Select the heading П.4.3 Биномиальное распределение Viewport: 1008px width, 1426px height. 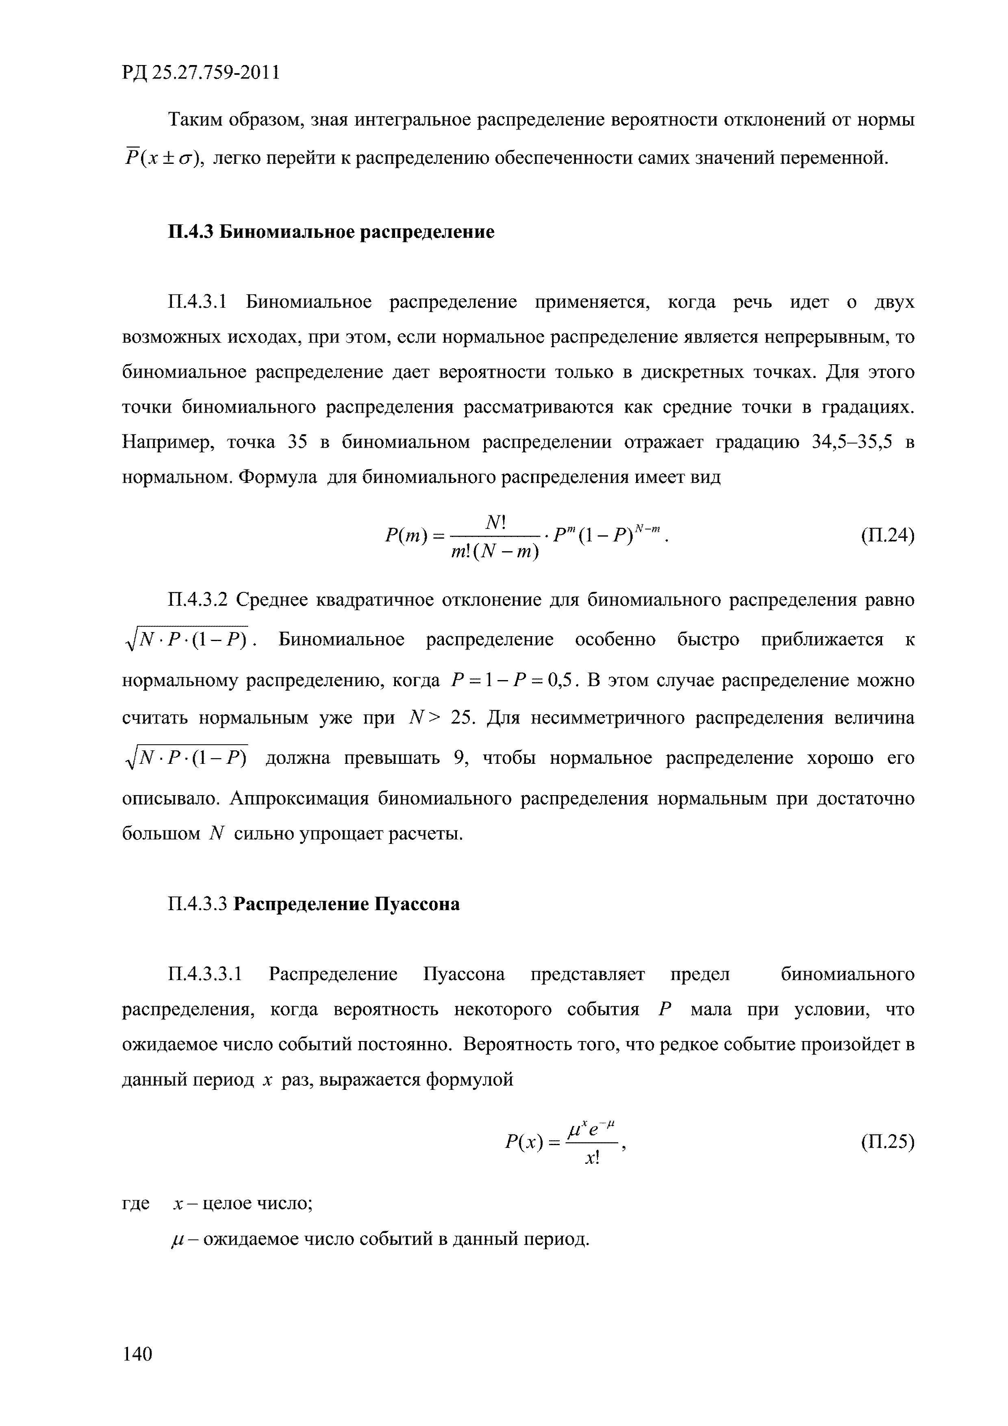coord(331,232)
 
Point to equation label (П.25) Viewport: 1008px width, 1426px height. coord(887,1141)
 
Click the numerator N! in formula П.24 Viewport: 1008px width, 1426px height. coord(495,524)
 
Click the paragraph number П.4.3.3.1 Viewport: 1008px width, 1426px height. coord(205,974)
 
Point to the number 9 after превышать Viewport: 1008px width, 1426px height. coord(460,759)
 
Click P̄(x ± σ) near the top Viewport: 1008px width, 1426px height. coord(162,158)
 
